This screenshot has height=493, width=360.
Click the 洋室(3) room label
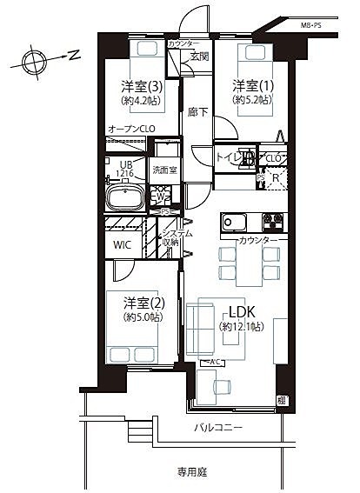pos(141,86)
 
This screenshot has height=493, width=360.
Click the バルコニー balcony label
pos(217,428)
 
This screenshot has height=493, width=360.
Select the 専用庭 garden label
pos(194,472)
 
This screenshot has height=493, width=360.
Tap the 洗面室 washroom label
pos(163,169)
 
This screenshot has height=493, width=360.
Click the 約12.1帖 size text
pos(242,327)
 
